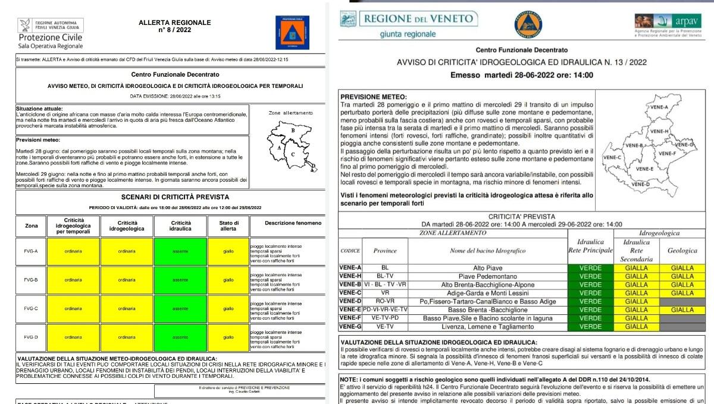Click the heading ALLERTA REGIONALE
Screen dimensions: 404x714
tap(174, 23)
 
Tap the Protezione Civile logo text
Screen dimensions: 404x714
tap(51, 37)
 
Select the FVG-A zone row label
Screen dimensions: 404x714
tap(31, 251)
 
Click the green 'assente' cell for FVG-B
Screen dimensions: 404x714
tap(180, 280)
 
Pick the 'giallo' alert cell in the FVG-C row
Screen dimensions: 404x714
tap(228, 309)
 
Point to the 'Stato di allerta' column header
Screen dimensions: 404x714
tap(228, 226)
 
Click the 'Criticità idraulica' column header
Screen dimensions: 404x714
tap(180, 226)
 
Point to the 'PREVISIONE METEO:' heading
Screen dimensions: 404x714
tap(374, 96)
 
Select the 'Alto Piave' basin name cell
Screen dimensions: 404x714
tap(487, 268)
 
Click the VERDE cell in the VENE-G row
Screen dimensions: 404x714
tap(590, 326)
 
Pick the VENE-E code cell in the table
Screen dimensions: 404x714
tap(350, 310)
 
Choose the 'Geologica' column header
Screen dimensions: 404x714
tap(682, 251)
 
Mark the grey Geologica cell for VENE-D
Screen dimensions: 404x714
tap(682, 301)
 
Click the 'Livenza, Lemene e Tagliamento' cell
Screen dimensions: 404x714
tap(487, 326)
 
